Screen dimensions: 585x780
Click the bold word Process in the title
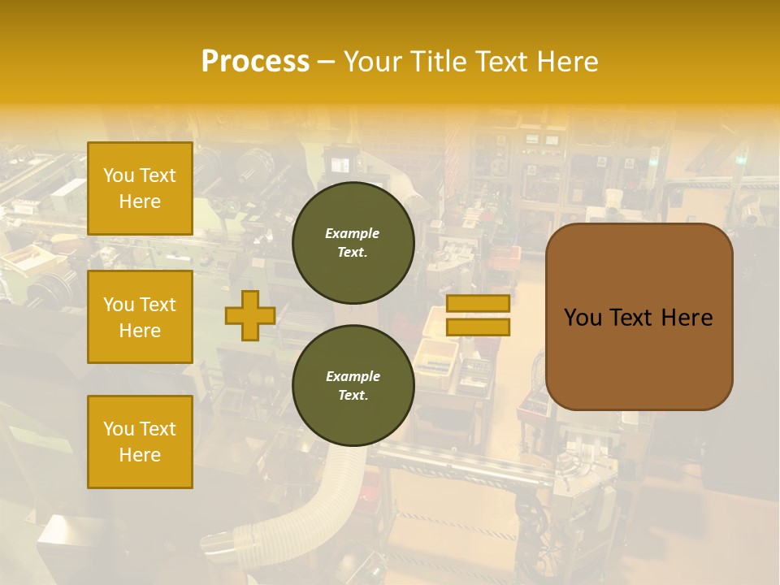[x=255, y=62]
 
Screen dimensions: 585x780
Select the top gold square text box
[x=140, y=188]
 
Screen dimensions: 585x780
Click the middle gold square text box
[x=140, y=317]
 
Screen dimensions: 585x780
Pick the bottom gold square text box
[x=140, y=442]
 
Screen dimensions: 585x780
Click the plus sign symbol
[x=250, y=316]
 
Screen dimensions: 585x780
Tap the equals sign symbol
[x=478, y=315]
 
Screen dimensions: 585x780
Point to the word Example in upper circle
[x=352, y=233]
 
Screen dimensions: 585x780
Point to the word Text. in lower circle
[x=353, y=395]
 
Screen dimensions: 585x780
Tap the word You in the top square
[x=119, y=175]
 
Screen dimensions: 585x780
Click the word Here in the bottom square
[x=140, y=455]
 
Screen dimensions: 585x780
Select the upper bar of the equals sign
[x=478, y=304]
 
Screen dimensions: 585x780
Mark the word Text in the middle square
[x=158, y=305]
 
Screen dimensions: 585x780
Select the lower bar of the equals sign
[x=478, y=327]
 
